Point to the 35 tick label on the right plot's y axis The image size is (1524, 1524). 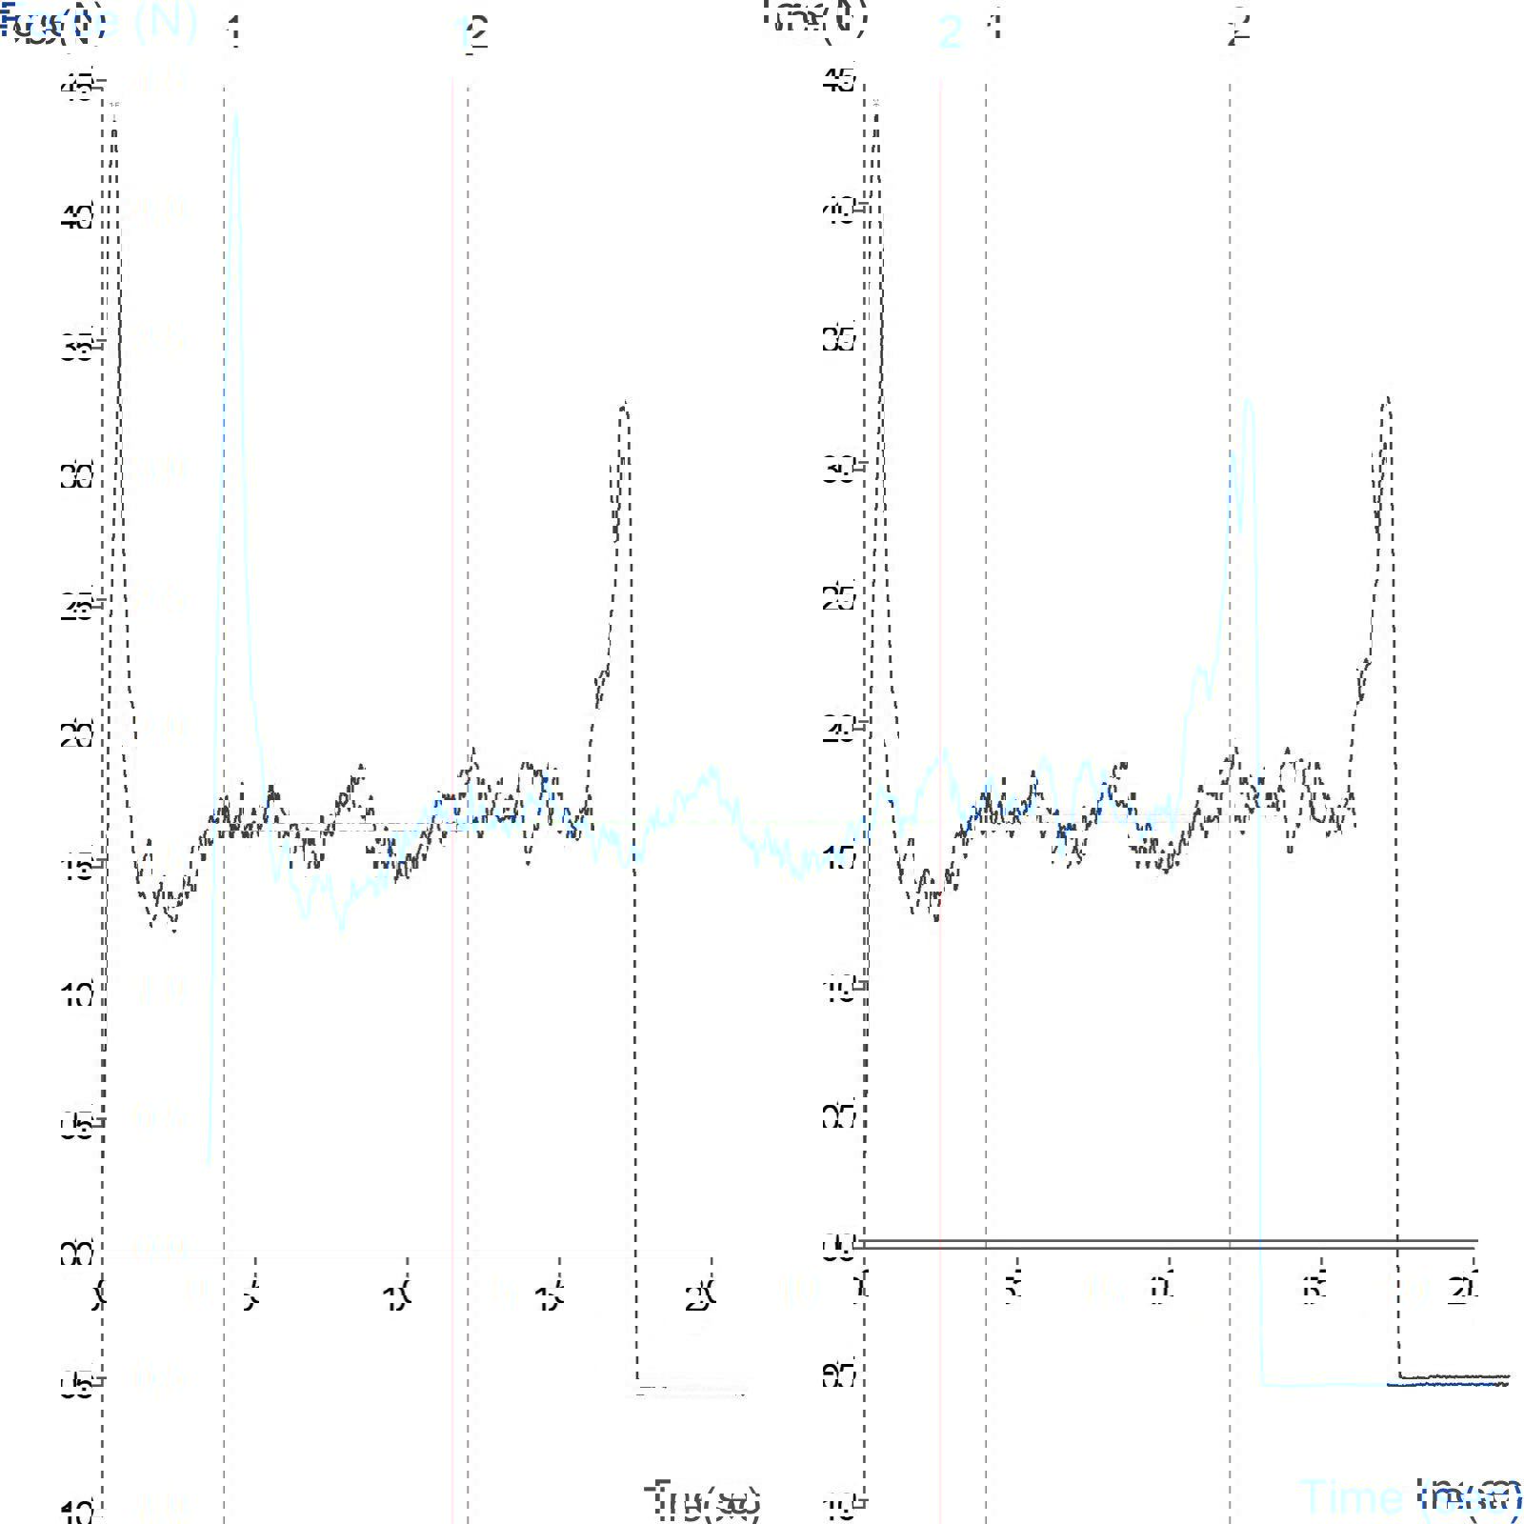[x=840, y=340]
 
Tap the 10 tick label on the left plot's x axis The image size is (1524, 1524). [x=398, y=1297]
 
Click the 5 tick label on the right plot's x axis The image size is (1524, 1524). [x=1013, y=1292]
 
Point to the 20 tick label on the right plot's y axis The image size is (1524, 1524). [x=840, y=731]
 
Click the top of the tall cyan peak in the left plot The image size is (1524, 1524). [x=235, y=113]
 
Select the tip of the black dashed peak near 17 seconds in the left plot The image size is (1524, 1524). [x=625, y=404]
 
